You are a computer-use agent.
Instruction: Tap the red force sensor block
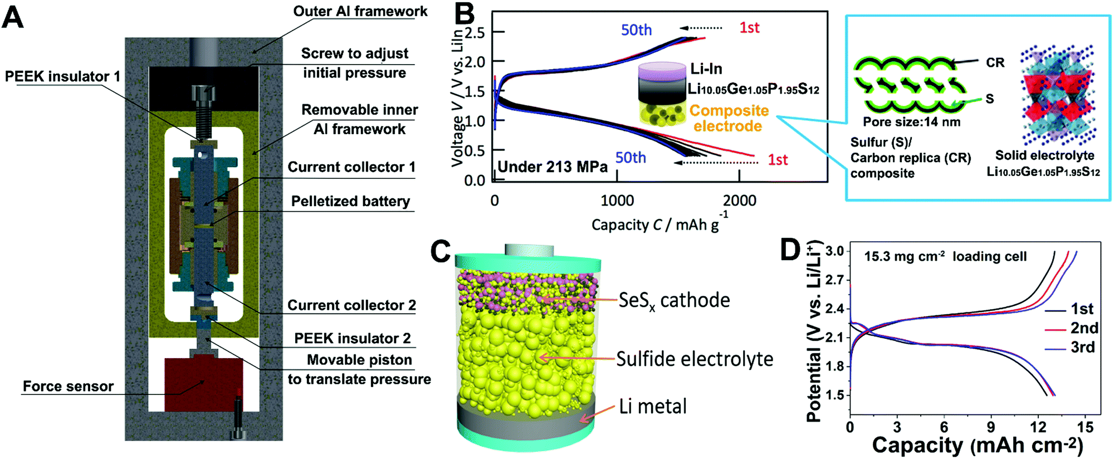[x=204, y=384]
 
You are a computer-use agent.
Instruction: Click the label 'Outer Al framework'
[x=360, y=11]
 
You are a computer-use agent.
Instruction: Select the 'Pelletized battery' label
[x=350, y=201]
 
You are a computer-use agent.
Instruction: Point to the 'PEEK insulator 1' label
[x=62, y=76]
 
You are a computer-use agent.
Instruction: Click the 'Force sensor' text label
[x=68, y=386]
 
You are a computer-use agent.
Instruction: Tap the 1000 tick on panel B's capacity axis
[x=617, y=201]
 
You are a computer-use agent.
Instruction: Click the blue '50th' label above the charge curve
[x=636, y=30]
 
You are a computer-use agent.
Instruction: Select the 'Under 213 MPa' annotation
[x=553, y=167]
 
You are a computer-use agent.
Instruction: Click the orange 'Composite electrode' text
[x=729, y=118]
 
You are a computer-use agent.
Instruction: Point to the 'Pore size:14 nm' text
[x=912, y=121]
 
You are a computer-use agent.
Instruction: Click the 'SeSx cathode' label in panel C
[x=674, y=301]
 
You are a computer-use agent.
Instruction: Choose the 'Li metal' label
[x=653, y=406]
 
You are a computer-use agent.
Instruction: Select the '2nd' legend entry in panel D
[x=1084, y=328]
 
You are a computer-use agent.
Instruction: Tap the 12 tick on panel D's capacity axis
[x=1038, y=427]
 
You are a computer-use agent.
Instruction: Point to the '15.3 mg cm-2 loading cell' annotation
[x=945, y=256]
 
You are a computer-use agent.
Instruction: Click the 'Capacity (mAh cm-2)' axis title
[x=978, y=446]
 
